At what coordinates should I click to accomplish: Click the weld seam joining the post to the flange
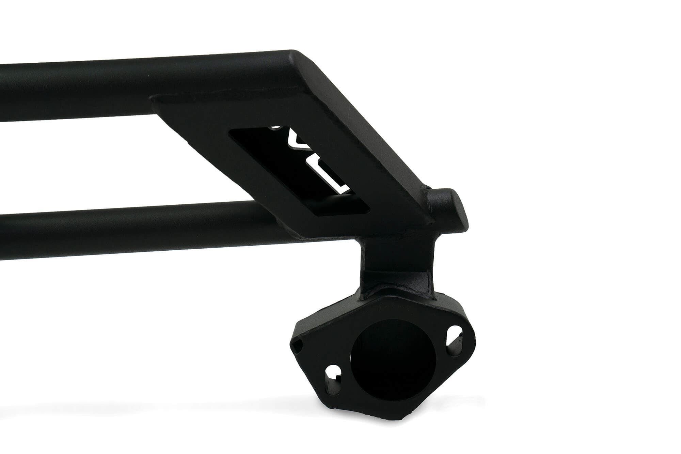[x=395, y=293]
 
